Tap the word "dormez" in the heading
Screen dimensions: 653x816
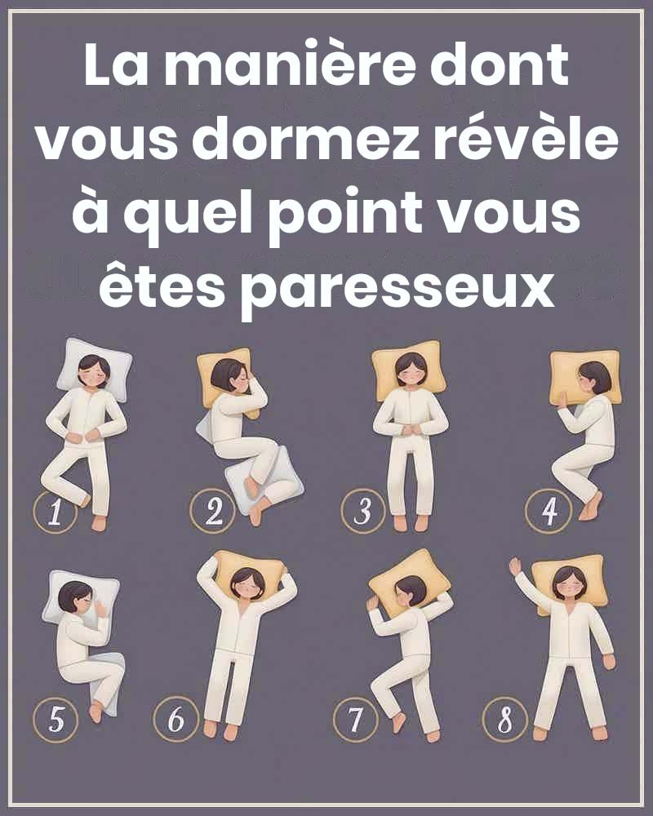tap(305, 140)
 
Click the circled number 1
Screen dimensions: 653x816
tap(56, 512)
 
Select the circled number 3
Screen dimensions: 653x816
tap(363, 512)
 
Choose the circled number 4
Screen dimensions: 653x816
tap(549, 511)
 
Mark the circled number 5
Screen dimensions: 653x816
tap(56, 720)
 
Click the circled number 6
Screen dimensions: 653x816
tap(176, 720)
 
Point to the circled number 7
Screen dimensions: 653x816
tap(355, 720)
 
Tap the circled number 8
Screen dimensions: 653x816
tap(504, 720)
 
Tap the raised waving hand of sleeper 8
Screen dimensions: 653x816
tap(516, 566)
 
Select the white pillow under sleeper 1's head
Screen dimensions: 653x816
tap(94, 370)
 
